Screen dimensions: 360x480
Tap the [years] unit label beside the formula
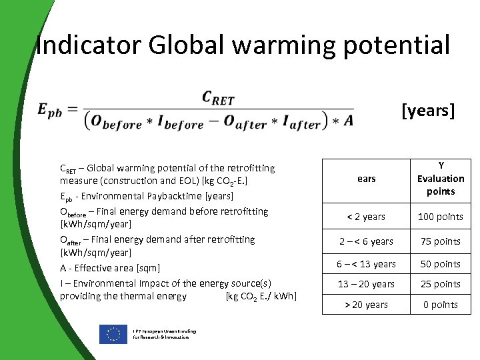[x=428, y=110]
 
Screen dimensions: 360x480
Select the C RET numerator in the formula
[x=218, y=99]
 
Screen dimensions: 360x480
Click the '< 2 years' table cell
[x=366, y=217]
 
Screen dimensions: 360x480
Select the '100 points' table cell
[x=441, y=217]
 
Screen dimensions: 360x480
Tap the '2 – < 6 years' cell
[x=366, y=241]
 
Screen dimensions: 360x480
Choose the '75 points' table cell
[x=441, y=241]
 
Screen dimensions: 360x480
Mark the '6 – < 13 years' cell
[x=366, y=264]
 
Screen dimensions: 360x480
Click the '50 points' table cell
[x=441, y=264]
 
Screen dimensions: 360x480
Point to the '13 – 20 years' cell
[x=366, y=284]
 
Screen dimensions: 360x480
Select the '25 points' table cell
[x=441, y=284]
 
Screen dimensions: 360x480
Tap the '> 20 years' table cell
[x=366, y=305]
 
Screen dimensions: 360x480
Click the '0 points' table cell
[x=441, y=305]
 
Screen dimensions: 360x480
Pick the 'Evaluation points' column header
[x=441, y=179]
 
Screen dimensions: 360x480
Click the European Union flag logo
[x=113, y=334]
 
